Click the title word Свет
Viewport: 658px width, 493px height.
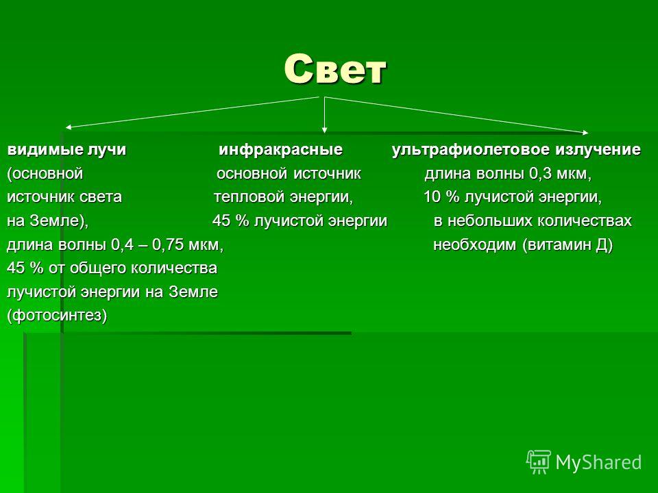click(334, 69)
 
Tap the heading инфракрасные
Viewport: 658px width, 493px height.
click(280, 150)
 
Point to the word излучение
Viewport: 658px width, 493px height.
click(598, 150)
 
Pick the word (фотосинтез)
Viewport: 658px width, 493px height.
click(57, 315)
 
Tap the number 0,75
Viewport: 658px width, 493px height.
click(168, 244)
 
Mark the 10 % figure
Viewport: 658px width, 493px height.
click(441, 197)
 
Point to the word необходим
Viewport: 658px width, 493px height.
click(474, 244)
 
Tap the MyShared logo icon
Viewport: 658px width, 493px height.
click(539, 462)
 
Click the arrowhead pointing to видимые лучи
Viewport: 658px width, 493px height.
click(69, 127)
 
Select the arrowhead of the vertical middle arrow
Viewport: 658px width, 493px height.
click(324, 130)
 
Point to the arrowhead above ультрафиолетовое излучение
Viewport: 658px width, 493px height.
click(585, 132)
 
